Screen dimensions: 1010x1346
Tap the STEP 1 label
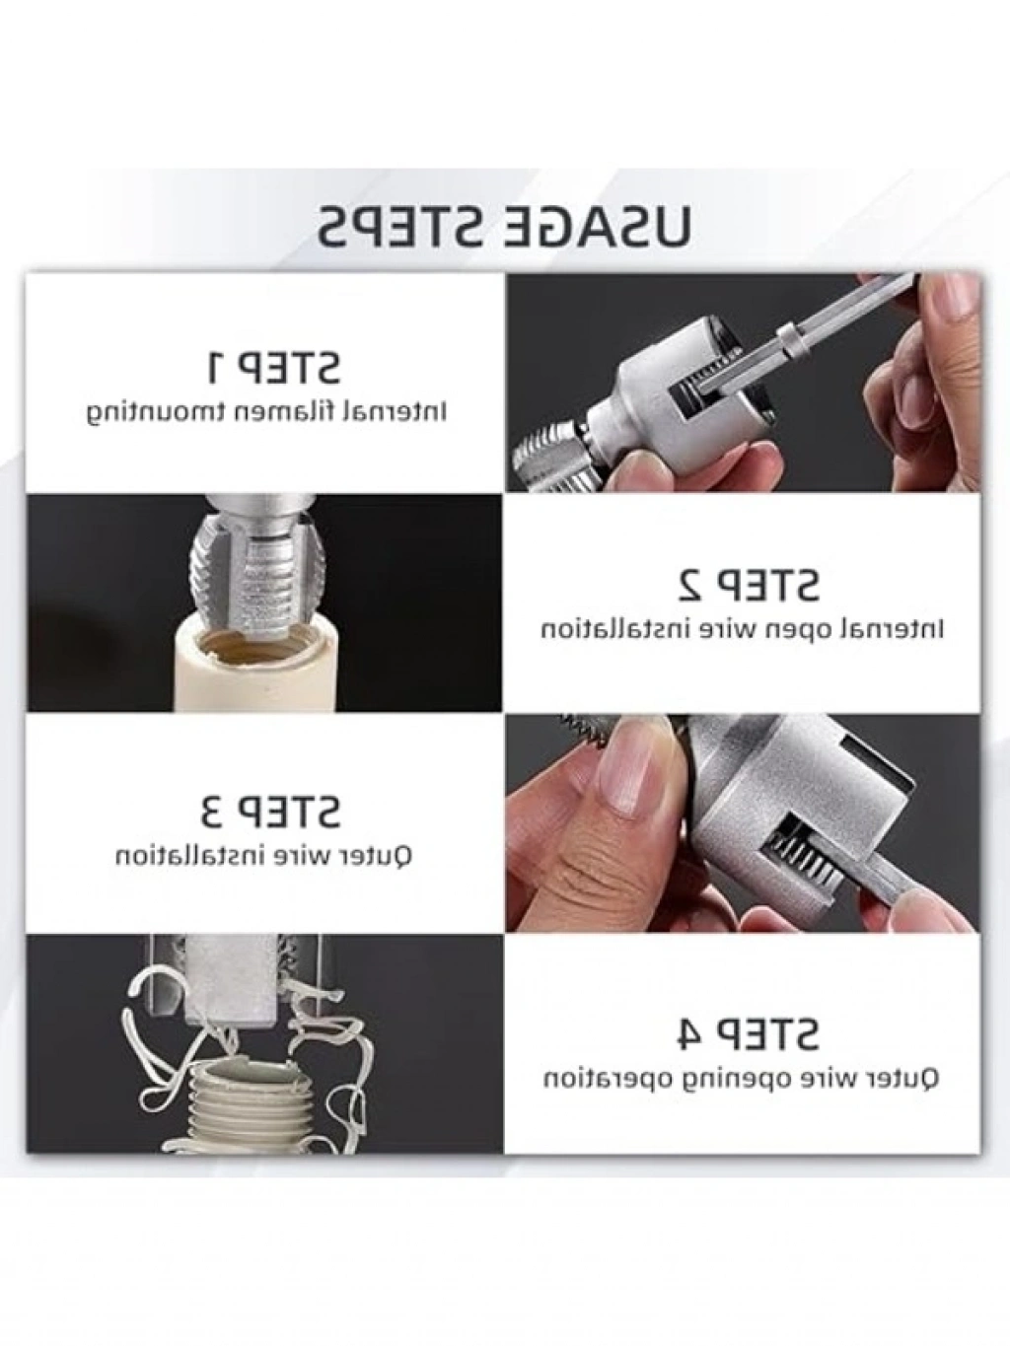point(273,366)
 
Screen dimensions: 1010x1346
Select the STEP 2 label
point(749,584)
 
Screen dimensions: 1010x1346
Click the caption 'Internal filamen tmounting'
point(266,412)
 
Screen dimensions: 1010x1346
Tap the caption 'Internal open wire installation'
point(742,630)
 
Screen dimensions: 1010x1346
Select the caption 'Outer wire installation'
point(264,855)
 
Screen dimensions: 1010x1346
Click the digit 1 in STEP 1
point(216,366)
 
